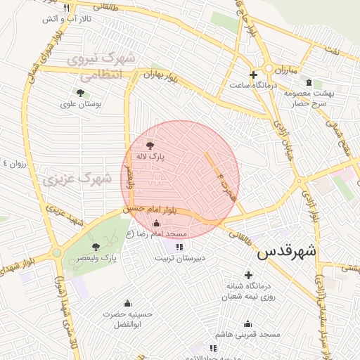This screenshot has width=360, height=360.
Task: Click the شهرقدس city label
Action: click(x=287, y=252)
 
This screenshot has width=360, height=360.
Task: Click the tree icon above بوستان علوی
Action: click(x=79, y=92)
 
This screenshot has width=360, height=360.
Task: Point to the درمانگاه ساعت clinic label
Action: click(x=250, y=85)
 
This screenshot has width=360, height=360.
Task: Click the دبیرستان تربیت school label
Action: click(x=179, y=259)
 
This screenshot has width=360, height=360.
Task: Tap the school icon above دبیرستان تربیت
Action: click(x=179, y=247)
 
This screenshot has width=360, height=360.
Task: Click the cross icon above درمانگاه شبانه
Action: click(x=247, y=275)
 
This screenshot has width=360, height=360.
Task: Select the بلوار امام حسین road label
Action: click(x=147, y=210)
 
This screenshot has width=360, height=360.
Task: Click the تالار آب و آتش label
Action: click(x=63, y=18)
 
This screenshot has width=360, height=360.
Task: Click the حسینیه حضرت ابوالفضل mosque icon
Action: click(x=127, y=302)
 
